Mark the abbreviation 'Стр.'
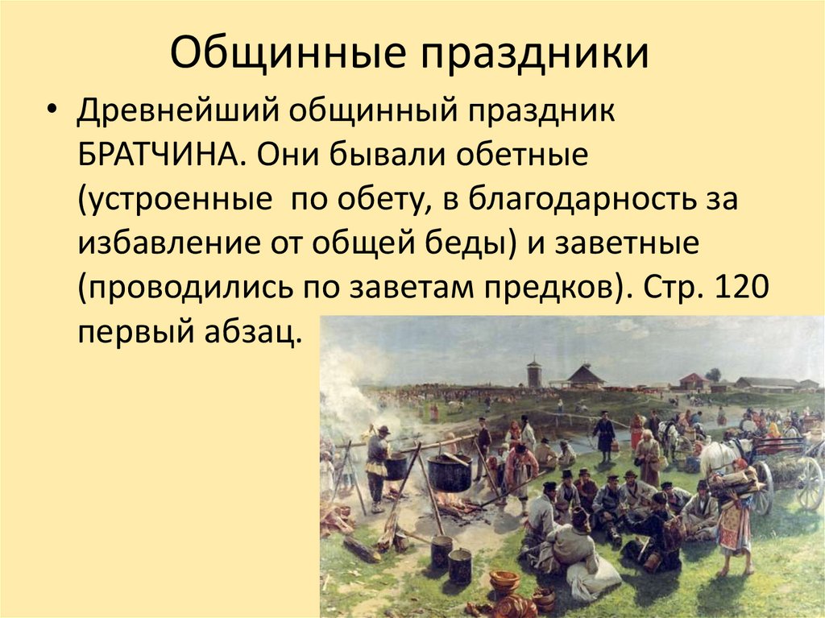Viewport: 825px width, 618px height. pyautogui.click(x=662, y=287)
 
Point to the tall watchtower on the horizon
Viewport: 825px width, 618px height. pyautogui.click(x=534, y=374)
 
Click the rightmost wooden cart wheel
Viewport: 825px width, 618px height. pyautogui.click(x=809, y=483)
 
